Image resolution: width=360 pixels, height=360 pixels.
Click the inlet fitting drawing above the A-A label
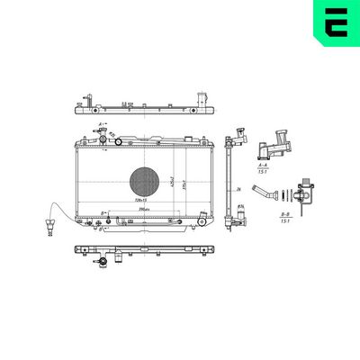tap(274, 144)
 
